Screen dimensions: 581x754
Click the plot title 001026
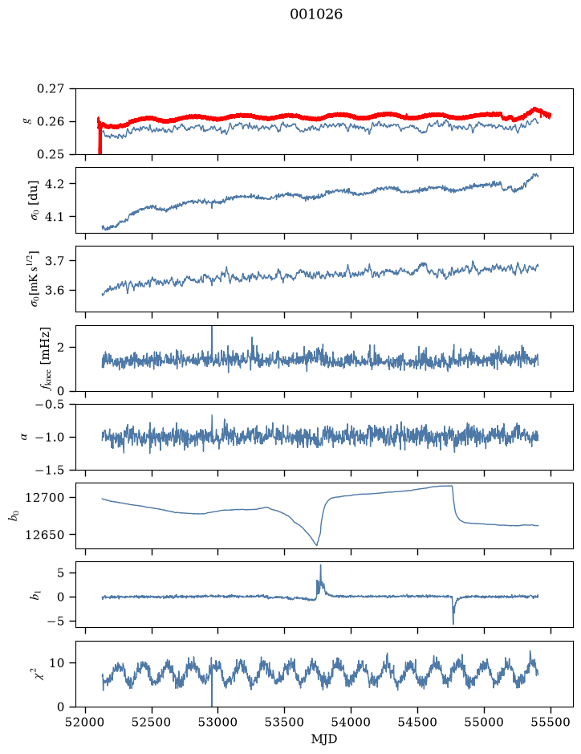coord(315,14)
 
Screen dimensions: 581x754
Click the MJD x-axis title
coord(324,739)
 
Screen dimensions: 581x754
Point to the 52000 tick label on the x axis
coord(86,722)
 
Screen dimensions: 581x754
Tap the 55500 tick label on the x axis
coord(551,722)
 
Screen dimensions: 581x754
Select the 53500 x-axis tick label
coord(285,722)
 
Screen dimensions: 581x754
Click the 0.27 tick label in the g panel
coord(51,89)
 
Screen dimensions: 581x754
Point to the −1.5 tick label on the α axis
coord(50,470)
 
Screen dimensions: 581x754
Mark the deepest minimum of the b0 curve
coord(316,544)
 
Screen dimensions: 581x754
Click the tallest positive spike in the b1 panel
coord(320,565)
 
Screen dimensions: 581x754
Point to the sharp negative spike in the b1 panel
coord(453,623)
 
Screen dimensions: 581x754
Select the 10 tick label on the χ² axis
coord(57,663)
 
